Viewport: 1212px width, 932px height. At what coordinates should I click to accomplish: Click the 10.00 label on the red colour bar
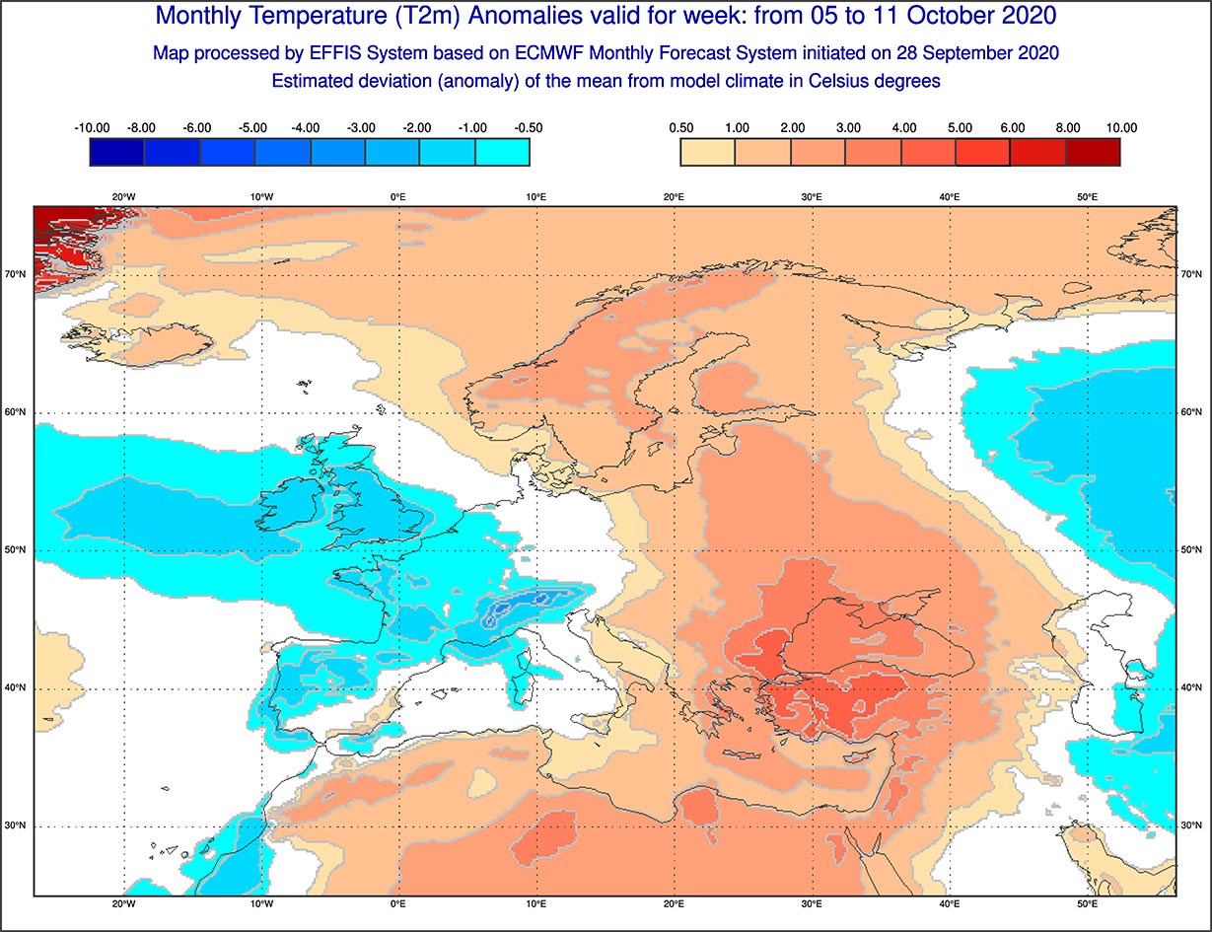[1121, 128]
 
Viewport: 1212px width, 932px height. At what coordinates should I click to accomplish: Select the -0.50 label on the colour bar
[529, 128]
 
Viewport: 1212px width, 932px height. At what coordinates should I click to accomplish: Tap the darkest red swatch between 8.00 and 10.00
[1093, 152]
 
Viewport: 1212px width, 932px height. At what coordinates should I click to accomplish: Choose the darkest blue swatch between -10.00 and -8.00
[116, 152]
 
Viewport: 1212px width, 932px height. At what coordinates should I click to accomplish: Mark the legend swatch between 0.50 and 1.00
[707, 152]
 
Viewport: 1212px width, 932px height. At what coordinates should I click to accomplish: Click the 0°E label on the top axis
[398, 197]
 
